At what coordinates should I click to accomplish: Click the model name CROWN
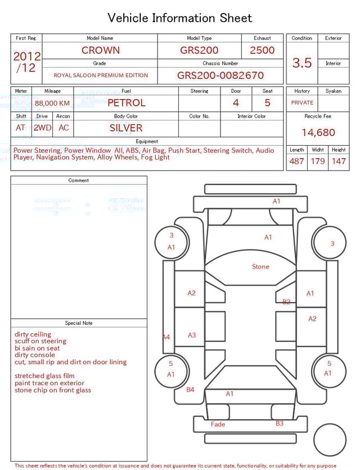coord(100,50)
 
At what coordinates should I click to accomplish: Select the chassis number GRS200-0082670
coord(220,75)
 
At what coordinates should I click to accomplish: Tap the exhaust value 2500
coord(262,50)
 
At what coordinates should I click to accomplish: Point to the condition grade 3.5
coord(302,63)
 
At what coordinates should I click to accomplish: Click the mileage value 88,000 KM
coord(52,103)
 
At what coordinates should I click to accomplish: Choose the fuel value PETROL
coord(126,103)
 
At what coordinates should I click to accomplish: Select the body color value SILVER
coord(126,128)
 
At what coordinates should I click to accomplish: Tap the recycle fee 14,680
coord(318,133)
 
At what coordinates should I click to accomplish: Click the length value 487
coord(296,161)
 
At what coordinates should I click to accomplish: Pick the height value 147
coord(339,161)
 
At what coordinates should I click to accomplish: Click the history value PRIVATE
coord(302,103)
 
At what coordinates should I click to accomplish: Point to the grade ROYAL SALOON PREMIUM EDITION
coord(101,75)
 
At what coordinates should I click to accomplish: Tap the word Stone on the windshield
coord(260,267)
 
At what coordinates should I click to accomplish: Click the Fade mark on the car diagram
coord(218,424)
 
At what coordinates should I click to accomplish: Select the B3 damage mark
coord(280,424)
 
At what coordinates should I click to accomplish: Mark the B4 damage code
coord(190,390)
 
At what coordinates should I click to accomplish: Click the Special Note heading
coord(79,323)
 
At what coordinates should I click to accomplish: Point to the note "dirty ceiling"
coord(33,334)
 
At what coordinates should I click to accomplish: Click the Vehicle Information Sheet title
coord(180,18)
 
